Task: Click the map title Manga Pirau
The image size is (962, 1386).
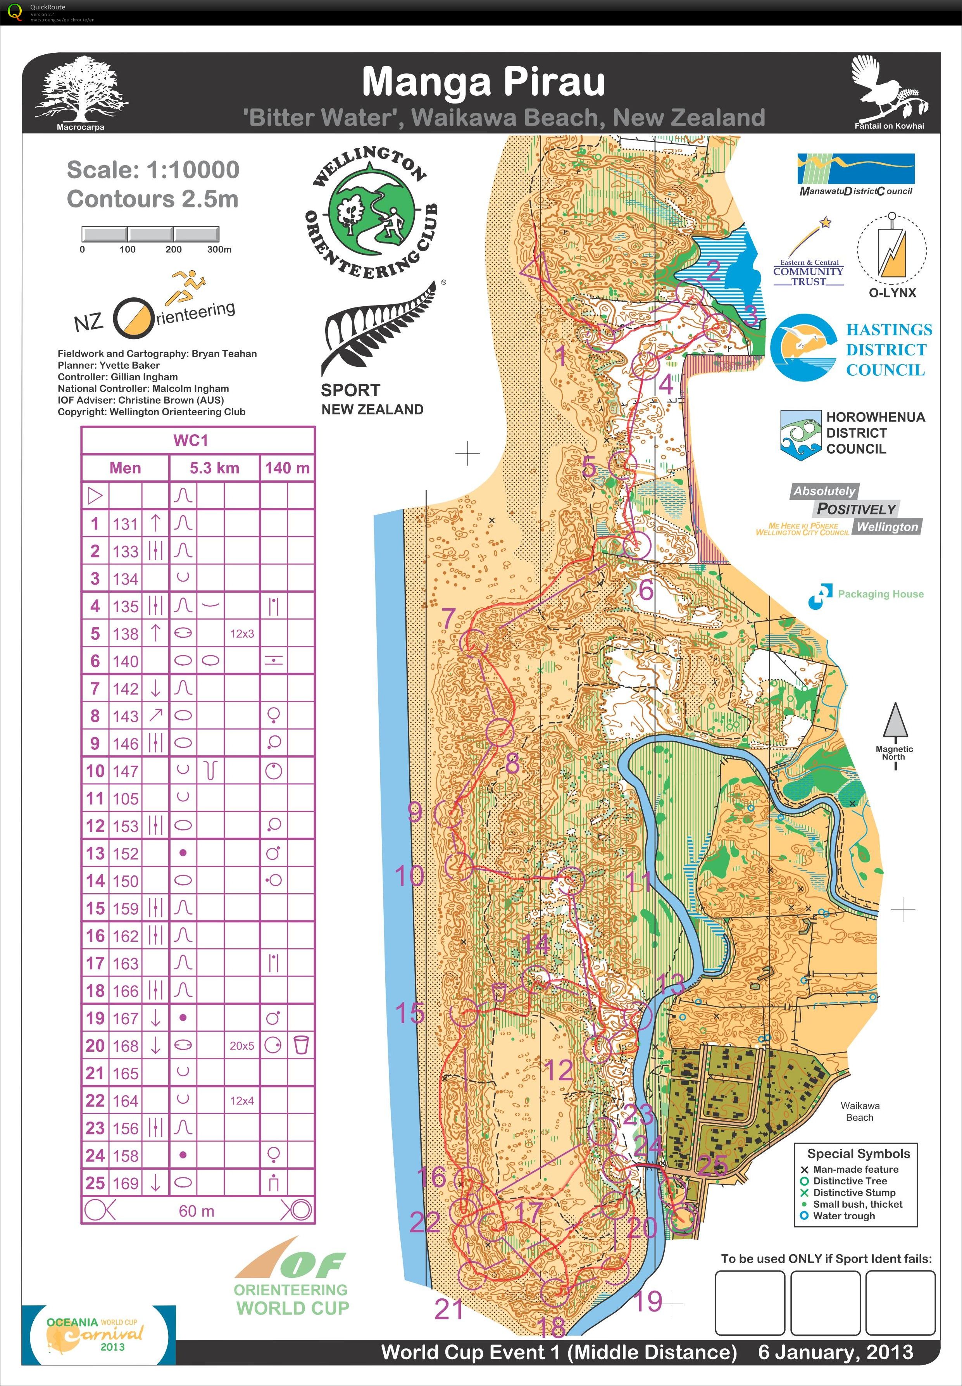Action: pyautogui.click(x=483, y=82)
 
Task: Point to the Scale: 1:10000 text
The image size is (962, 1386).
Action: pyautogui.click(x=153, y=170)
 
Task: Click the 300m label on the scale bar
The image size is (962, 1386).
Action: pyautogui.click(x=219, y=249)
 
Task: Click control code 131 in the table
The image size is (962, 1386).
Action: pyautogui.click(x=125, y=523)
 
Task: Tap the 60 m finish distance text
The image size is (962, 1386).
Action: pyautogui.click(x=197, y=1210)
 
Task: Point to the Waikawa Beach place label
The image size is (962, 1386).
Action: pyautogui.click(x=860, y=1111)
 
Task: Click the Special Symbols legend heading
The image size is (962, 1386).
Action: pyautogui.click(x=859, y=1153)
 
